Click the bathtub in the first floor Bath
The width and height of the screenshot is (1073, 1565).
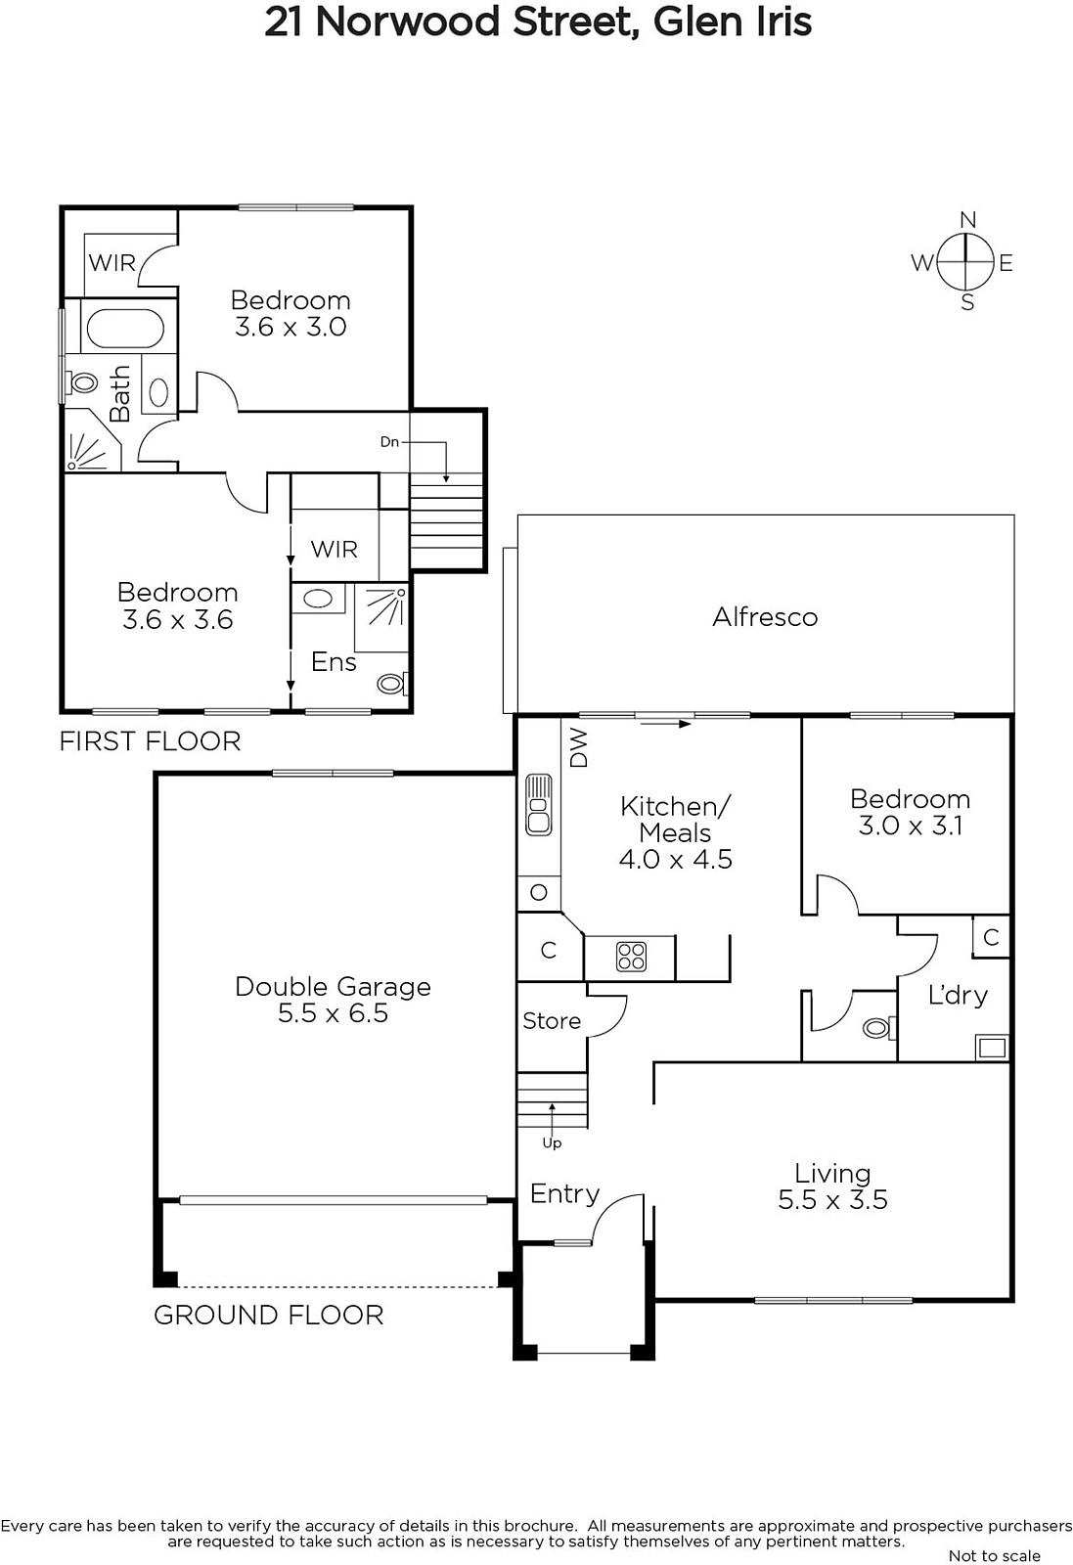(x=125, y=329)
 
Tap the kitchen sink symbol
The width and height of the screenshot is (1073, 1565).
(x=539, y=804)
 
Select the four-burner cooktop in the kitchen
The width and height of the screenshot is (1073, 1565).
(x=631, y=958)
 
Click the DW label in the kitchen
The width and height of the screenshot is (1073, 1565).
(x=579, y=748)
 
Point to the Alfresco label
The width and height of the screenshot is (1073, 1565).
(x=765, y=617)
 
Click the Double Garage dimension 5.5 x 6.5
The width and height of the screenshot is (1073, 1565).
(x=333, y=1013)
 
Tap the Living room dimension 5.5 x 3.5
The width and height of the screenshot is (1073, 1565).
(x=832, y=1199)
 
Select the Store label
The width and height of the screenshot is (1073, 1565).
(x=552, y=1021)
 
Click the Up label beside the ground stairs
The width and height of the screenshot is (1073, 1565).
(x=552, y=1143)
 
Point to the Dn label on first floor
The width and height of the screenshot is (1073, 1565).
(x=390, y=441)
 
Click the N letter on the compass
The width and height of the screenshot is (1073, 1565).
(x=967, y=220)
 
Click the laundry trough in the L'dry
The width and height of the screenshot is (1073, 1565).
(x=992, y=1048)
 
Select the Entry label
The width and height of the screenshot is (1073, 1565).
(x=564, y=1193)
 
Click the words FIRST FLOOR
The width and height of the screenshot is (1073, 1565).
(x=151, y=741)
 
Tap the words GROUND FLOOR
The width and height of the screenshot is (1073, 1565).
(x=269, y=1316)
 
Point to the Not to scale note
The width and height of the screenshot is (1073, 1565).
(x=994, y=1555)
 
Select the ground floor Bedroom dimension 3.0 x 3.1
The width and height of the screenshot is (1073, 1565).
(x=911, y=826)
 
